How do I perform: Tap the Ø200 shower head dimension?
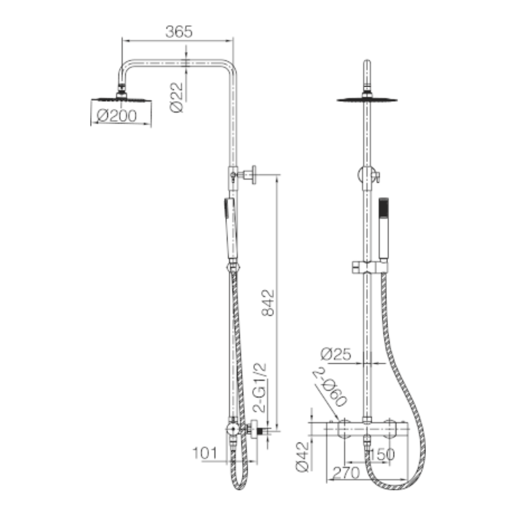117,116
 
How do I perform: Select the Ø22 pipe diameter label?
176,98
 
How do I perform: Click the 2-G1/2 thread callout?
260,388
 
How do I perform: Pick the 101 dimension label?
204,453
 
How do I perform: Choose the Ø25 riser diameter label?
336,354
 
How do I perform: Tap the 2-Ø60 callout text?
330,386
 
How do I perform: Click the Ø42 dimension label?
302,457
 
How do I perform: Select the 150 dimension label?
382,455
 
